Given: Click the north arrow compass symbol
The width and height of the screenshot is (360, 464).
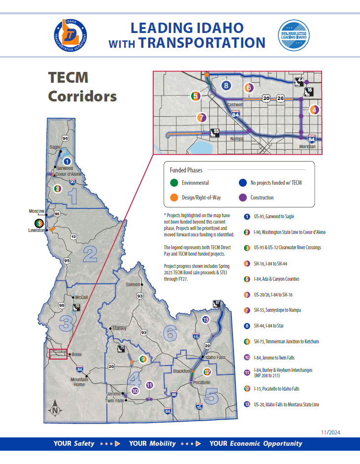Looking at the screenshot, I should point(56,409).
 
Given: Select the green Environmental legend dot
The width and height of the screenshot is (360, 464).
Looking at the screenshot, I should point(174,183).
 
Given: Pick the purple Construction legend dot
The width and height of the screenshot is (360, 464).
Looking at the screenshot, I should point(242,198).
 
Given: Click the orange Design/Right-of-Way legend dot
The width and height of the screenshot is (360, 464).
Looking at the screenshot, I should point(174,198).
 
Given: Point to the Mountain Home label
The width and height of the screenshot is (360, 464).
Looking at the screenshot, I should point(79,382).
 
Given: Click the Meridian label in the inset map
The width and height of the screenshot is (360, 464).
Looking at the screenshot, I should point(307,147).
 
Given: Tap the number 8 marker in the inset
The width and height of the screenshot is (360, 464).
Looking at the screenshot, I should point(226,86).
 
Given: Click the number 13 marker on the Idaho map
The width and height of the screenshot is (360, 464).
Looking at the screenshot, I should point(206,320).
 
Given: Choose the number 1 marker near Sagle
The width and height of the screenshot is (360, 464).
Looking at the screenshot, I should point(67,161).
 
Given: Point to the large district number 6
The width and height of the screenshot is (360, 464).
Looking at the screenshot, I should point(170,333).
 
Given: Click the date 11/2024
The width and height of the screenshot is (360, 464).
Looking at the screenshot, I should point(330,432).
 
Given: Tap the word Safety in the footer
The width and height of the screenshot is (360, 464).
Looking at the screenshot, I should point(84,443).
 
